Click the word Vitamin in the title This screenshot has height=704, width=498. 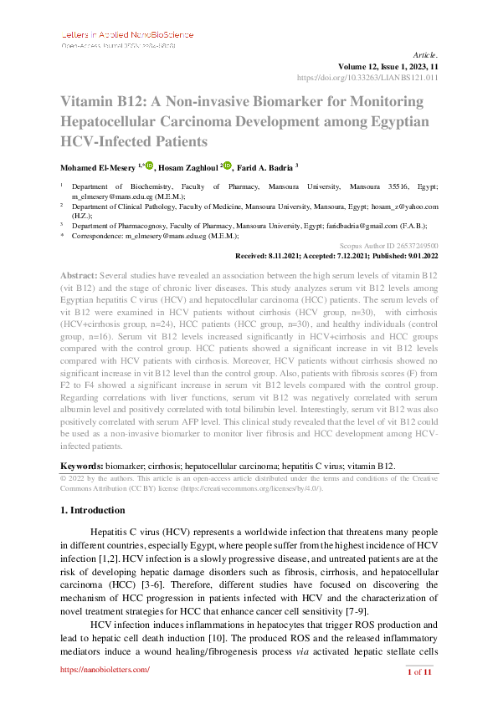90,101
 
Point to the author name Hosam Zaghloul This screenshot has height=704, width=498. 183,166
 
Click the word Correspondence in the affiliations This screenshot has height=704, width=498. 97,237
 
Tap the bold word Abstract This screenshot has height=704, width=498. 78,275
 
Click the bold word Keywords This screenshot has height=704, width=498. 81,465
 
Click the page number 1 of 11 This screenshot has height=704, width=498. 419,671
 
